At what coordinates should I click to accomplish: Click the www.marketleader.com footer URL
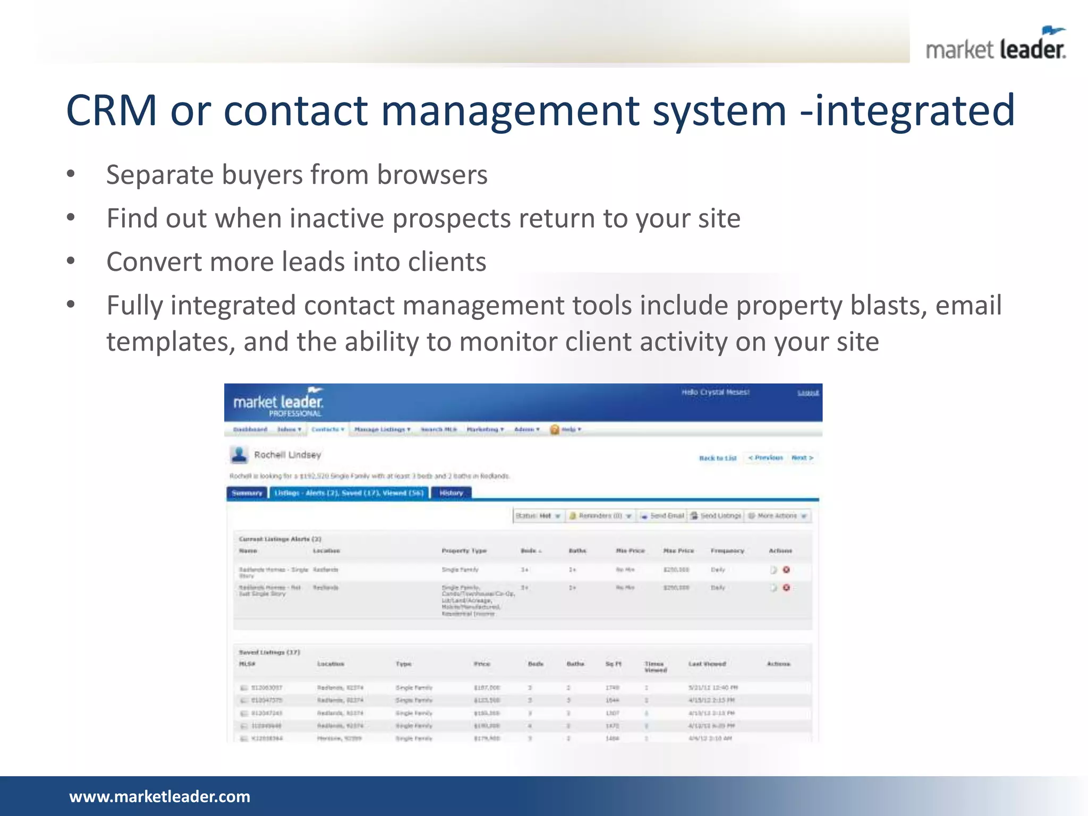[x=159, y=796]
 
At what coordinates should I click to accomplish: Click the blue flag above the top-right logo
[x=1052, y=31]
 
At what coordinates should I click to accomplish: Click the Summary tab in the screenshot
[x=247, y=493]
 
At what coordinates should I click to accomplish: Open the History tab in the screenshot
[x=451, y=493]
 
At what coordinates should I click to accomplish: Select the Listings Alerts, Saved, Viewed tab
[x=349, y=493]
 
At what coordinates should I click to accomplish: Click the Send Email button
[x=662, y=516]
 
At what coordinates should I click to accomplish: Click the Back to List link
[x=718, y=458]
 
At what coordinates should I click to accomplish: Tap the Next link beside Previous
[x=802, y=457]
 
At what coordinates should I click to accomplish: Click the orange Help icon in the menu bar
[x=555, y=429]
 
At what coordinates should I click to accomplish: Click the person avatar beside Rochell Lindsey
[x=239, y=455]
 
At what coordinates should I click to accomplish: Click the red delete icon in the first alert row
[x=786, y=569]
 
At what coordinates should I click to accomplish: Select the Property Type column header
[x=464, y=551]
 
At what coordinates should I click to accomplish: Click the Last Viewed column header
[x=707, y=664]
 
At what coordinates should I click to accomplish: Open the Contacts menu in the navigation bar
[x=327, y=429]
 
